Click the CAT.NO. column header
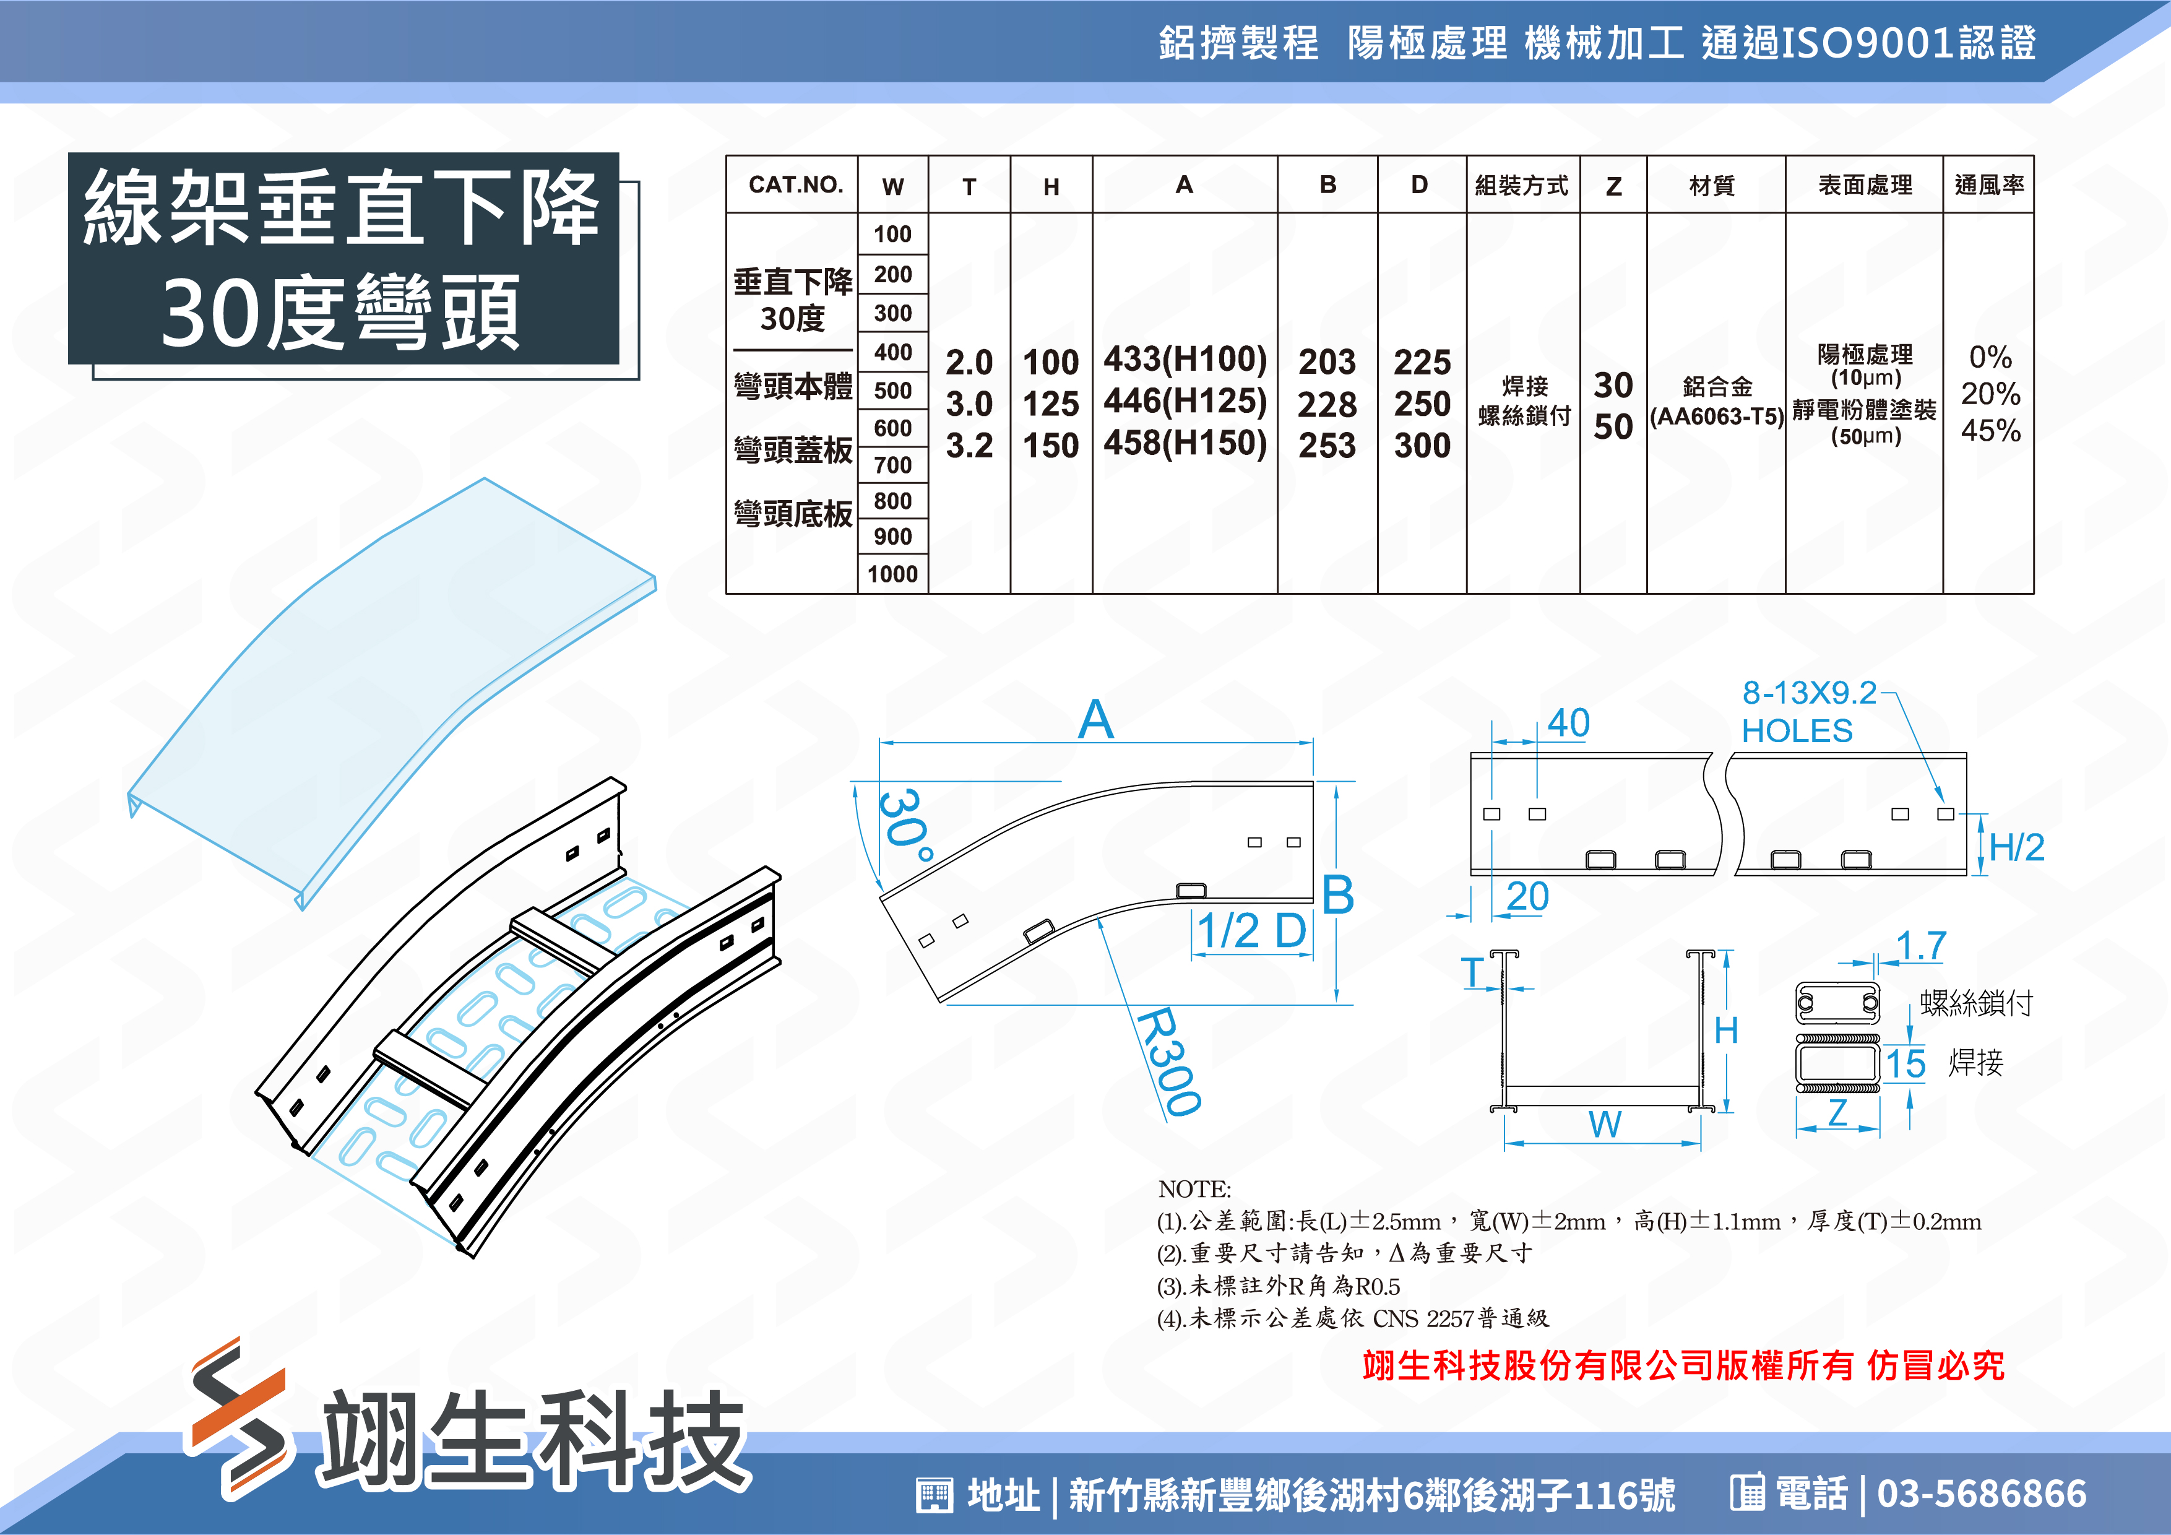(795, 184)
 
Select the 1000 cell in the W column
(892, 574)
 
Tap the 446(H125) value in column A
(1185, 401)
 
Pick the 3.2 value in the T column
(969, 446)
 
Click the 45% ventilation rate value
(1990, 431)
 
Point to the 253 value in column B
(1327, 446)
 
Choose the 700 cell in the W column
(892, 465)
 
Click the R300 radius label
(1170, 1061)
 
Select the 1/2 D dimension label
(1252, 931)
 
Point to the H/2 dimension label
(2017, 847)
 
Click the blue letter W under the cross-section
(1605, 1125)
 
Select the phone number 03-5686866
(1982, 1494)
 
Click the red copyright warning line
(1683, 1365)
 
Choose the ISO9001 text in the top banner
(1868, 43)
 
